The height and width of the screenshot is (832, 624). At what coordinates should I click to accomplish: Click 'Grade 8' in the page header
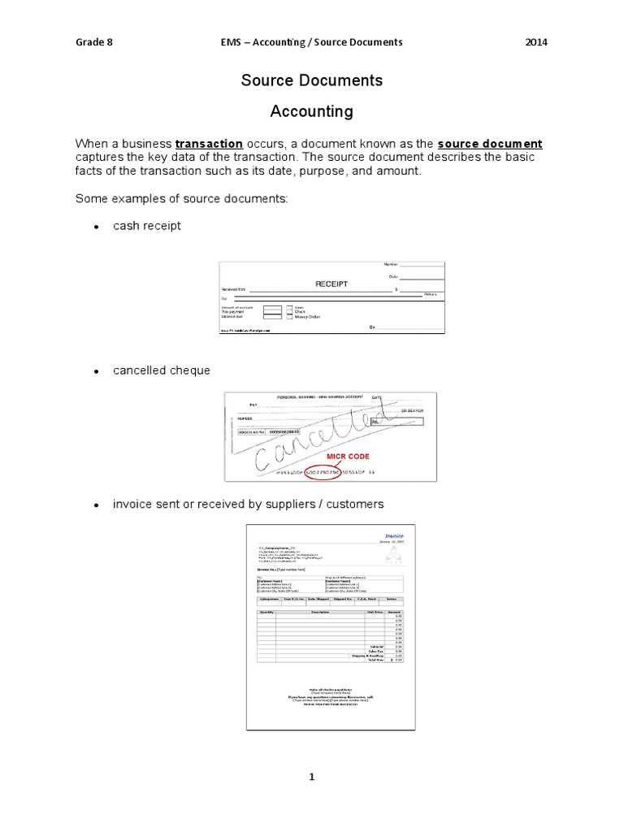click(x=94, y=42)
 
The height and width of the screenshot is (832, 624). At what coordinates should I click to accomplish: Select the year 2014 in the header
click(x=536, y=42)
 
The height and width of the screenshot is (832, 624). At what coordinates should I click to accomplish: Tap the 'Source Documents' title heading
click(x=311, y=80)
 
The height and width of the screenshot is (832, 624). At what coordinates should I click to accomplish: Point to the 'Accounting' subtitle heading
click(x=311, y=110)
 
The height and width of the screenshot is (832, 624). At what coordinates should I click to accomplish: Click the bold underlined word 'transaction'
click(x=210, y=144)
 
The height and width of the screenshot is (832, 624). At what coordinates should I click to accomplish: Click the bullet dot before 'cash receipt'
click(x=95, y=227)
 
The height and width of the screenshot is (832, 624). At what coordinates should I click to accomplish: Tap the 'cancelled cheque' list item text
click(x=162, y=370)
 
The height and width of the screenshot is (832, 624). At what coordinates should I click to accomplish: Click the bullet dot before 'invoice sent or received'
click(x=95, y=505)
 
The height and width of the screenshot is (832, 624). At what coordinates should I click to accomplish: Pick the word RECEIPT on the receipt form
click(x=331, y=284)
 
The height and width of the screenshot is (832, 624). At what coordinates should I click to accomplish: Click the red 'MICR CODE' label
click(x=349, y=457)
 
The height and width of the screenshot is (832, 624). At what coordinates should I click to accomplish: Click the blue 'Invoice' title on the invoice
click(x=394, y=536)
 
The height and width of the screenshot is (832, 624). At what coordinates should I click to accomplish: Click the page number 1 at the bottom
click(x=311, y=778)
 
